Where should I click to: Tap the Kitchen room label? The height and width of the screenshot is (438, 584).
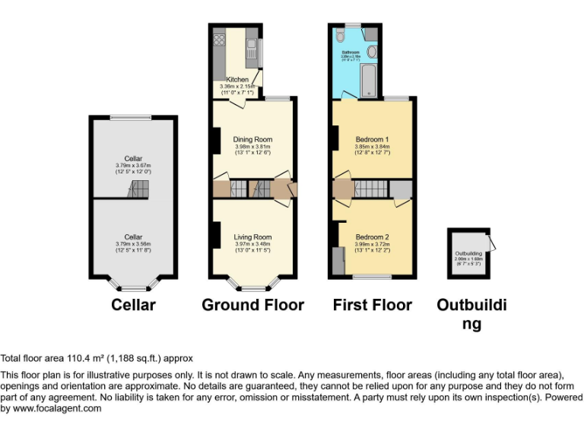(237, 79)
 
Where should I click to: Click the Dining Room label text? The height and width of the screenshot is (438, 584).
(252, 139)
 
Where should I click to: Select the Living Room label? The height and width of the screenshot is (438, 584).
(252, 237)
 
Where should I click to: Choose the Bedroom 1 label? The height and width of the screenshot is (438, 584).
(373, 140)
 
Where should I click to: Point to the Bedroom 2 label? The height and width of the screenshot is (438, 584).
(373, 236)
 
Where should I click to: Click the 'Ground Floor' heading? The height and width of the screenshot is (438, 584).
(252, 305)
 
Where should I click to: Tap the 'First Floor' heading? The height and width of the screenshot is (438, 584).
(373, 305)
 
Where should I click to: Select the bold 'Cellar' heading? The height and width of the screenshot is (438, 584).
(133, 305)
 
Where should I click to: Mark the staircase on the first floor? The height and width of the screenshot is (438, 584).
(372, 189)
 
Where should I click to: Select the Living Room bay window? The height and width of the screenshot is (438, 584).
(253, 287)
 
